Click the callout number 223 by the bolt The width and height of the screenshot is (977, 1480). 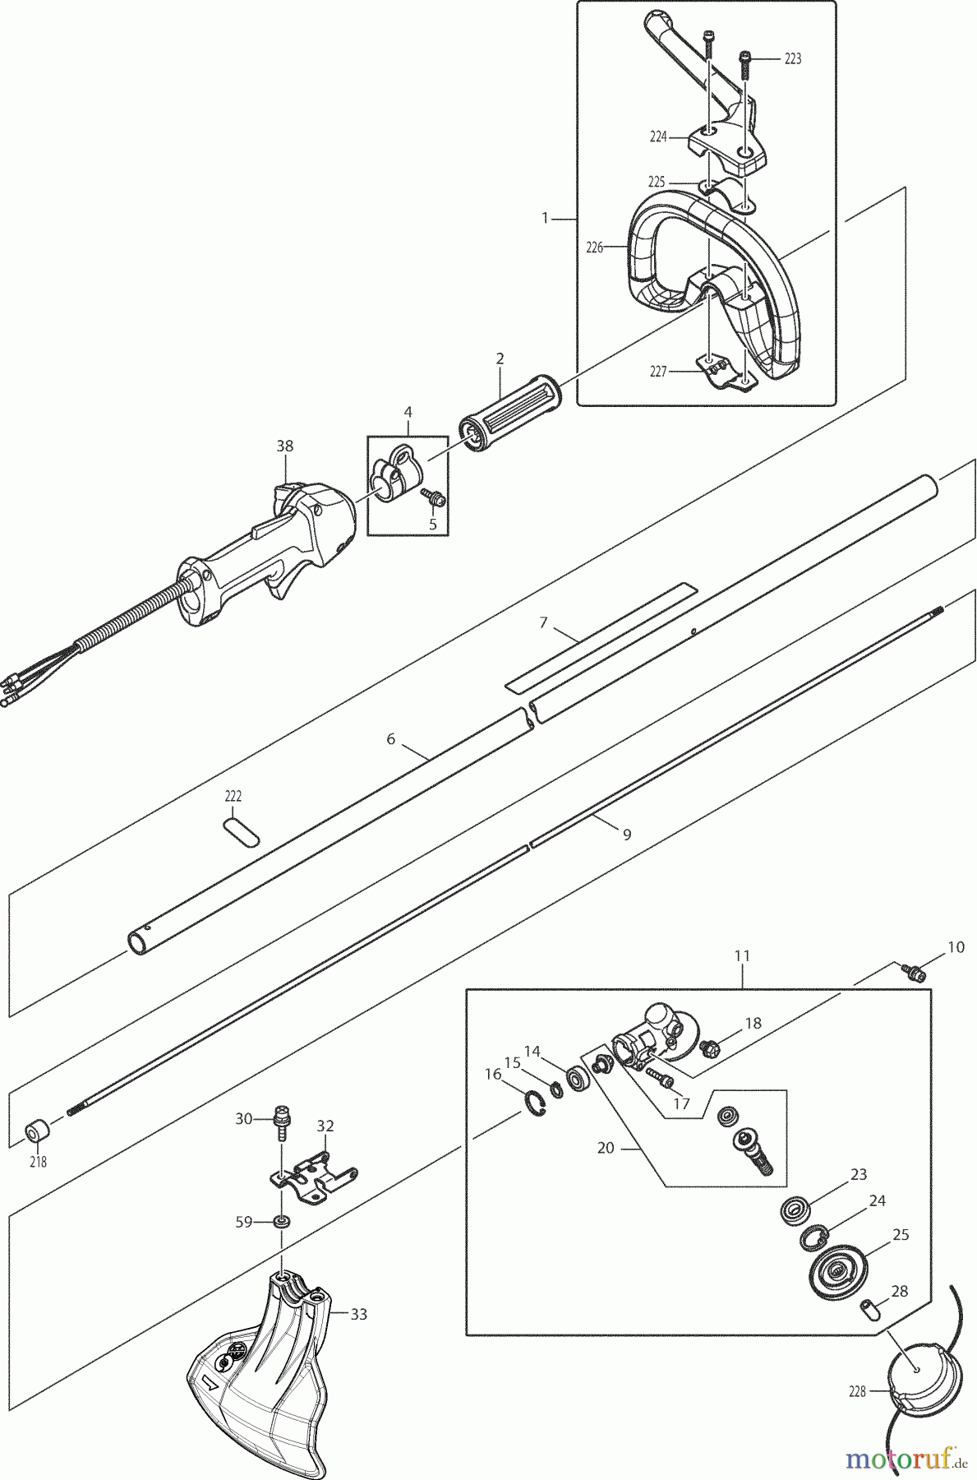click(x=792, y=58)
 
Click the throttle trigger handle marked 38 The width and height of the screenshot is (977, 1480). click(x=271, y=551)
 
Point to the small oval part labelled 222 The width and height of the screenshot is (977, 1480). click(x=242, y=830)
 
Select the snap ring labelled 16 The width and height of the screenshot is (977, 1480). click(x=534, y=1104)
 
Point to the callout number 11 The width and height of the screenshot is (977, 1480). click(x=742, y=956)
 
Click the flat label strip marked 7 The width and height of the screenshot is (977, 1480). click(x=600, y=637)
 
